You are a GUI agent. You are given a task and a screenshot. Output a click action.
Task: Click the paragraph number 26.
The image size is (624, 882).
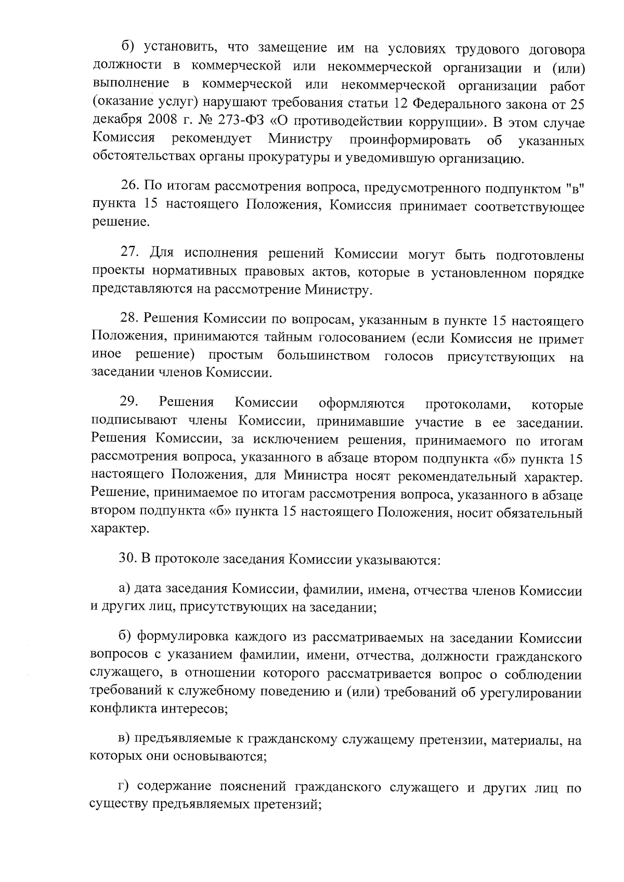pos(129,185)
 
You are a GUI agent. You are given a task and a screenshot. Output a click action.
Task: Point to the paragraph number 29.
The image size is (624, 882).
pos(128,402)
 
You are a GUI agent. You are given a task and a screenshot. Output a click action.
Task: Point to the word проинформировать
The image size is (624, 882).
pos(410,140)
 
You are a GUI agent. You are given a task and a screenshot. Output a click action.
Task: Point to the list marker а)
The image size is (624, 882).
pos(124,590)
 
